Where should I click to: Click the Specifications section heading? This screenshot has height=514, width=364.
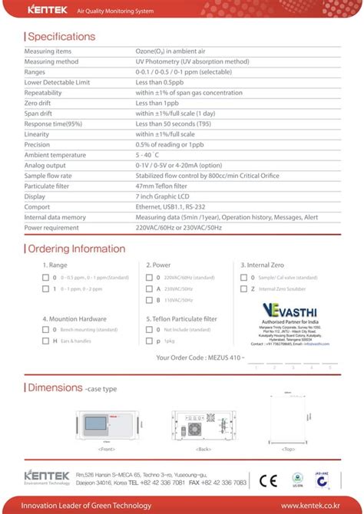[x=61, y=36]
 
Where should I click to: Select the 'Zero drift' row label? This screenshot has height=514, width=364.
[x=41, y=103]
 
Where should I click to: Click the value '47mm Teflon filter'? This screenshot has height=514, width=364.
[x=161, y=186]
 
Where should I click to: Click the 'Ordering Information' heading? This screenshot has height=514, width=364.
[x=76, y=249]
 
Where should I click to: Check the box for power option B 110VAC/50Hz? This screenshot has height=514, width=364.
[x=148, y=300]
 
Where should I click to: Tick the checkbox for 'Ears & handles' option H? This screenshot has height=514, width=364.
[x=45, y=340]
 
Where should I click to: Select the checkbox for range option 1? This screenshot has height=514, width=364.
[x=45, y=288]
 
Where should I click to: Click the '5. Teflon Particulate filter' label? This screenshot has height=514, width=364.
[x=181, y=318]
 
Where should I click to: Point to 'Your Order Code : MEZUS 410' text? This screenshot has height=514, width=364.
[x=200, y=357]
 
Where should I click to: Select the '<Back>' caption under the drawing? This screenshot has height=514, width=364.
[x=204, y=447]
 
